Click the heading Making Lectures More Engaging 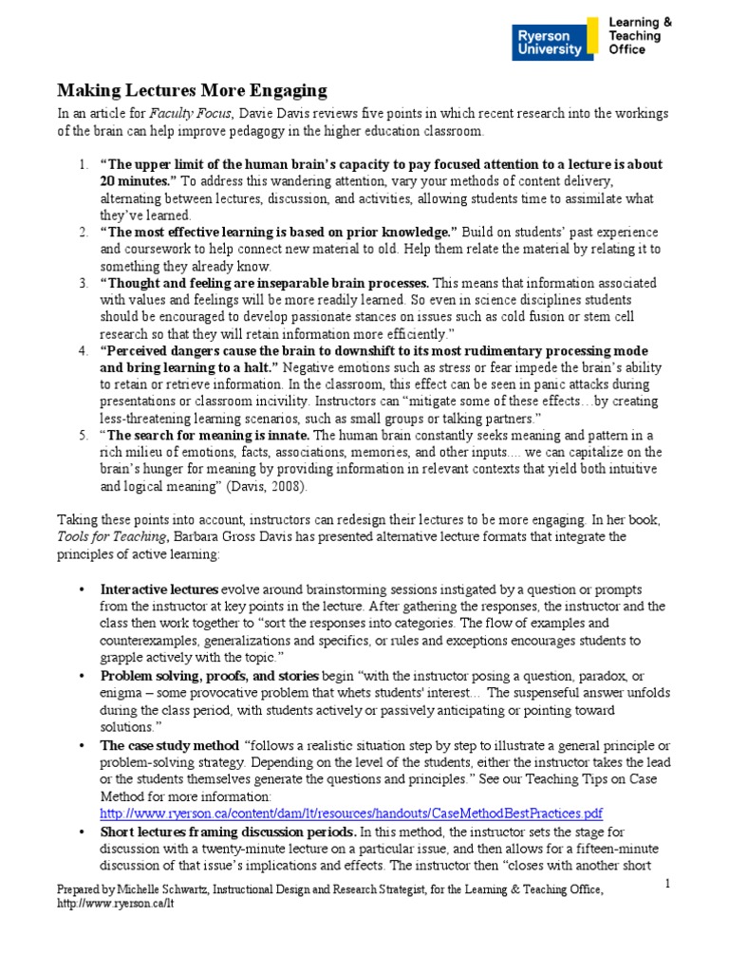(x=192, y=91)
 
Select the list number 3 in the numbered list (x=84, y=283)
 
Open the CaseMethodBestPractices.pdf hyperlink (x=351, y=813)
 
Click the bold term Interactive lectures (x=159, y=589)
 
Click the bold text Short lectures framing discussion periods (x=228, y=832)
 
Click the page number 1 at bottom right (x=668, y=883)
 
